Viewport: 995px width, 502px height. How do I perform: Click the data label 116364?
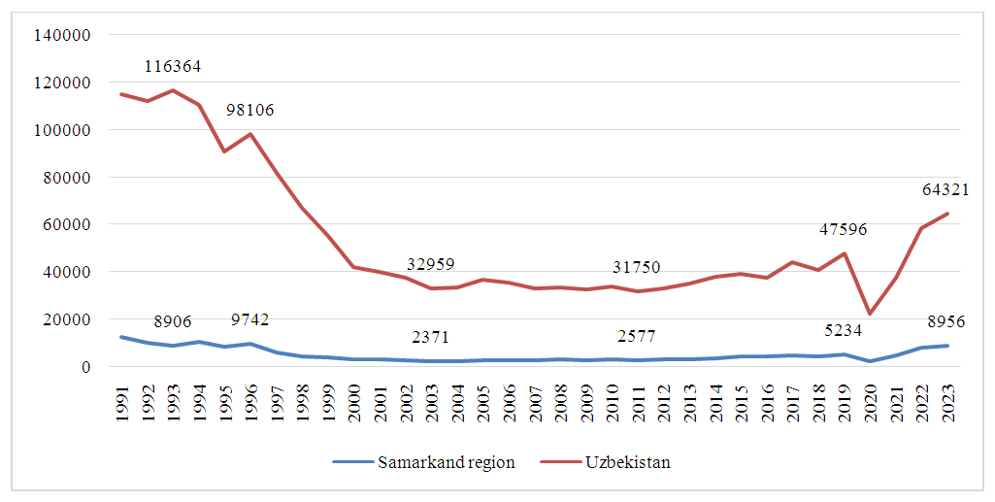(x=173, y=67)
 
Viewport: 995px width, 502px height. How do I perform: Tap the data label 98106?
(x=250, y=110)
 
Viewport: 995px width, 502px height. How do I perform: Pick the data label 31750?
(x=638, y=267)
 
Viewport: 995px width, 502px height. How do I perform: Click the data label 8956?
(x=946, y=321)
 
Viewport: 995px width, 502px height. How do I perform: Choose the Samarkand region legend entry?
(x=423, y=462)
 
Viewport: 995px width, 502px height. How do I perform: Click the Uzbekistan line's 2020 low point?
(x=871, y=313)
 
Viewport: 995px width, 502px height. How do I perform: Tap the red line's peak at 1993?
(x=172, y=90)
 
